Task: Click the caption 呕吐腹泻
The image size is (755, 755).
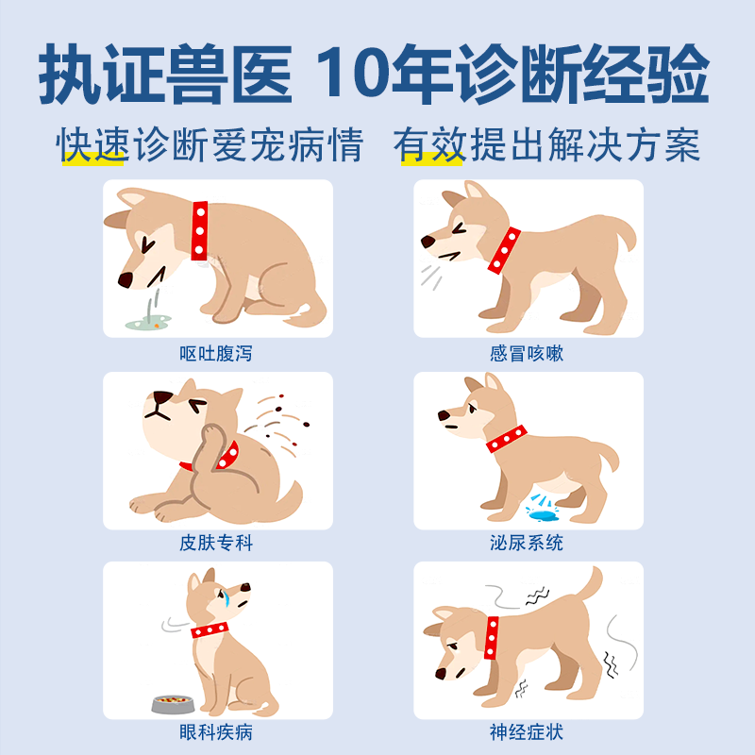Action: coord(216,354)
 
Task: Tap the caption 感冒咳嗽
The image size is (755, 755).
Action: coord(527,354)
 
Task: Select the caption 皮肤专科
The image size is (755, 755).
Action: coord(216,544)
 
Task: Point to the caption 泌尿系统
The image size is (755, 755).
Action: coord(527,544)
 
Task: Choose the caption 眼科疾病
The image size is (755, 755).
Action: coord(216,733)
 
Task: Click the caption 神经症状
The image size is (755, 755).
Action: coord(527,733)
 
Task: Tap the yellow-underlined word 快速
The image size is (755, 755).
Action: coord(92,145)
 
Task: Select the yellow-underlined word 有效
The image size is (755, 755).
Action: coord(429,145)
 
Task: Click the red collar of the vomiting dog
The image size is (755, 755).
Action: coord(199,230)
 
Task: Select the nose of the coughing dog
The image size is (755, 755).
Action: coord(428,243)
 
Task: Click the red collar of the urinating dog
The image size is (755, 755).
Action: coord(507,439)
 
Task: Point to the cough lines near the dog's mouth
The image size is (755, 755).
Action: coord(431,277)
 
